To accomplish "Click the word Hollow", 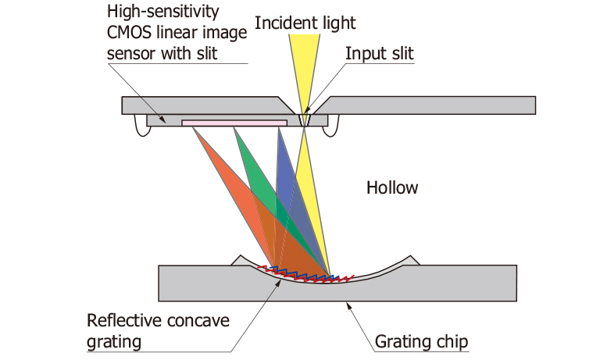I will coord(392,187).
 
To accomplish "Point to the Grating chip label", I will coord(420,341).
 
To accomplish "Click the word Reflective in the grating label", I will coord(120,321).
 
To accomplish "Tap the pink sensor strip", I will coord(234,123).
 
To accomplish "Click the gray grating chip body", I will coord(437,284).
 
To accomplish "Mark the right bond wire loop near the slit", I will coord(335,123).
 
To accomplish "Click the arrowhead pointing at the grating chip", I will coord(348,305).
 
